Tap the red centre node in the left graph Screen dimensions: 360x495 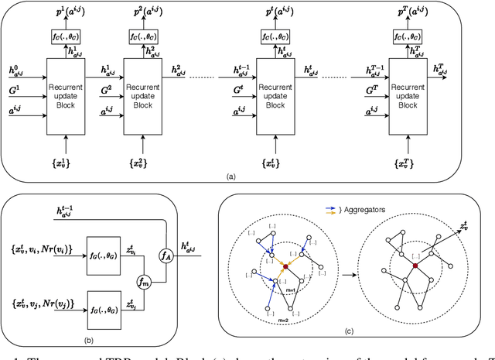[x=285, y=267]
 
